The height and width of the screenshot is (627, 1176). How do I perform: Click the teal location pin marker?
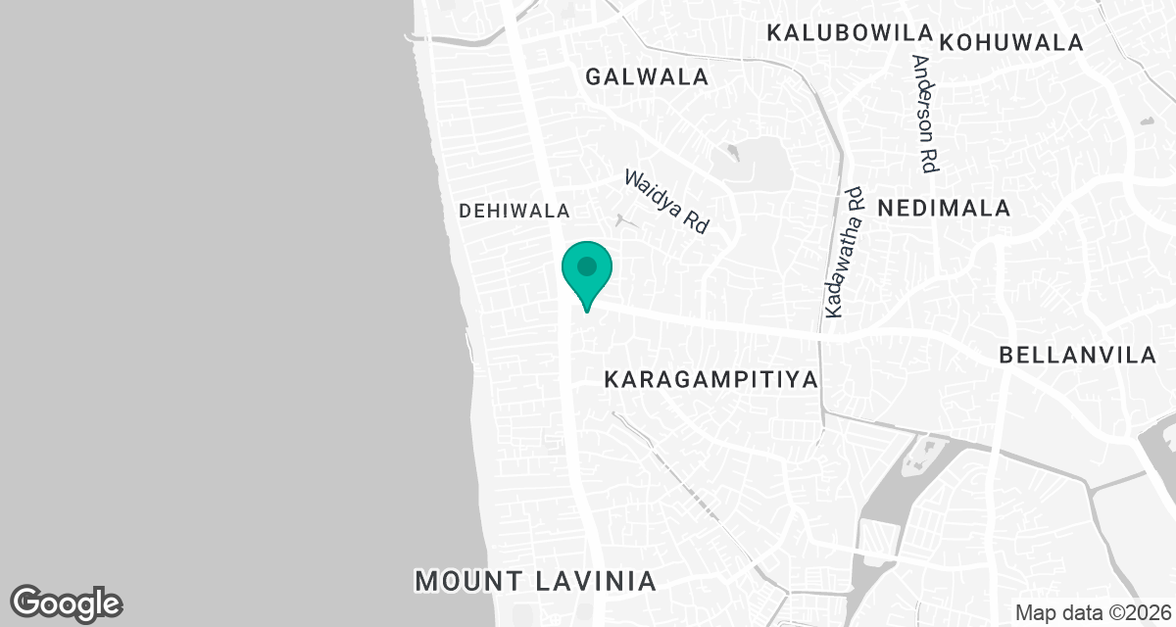pos(586,272)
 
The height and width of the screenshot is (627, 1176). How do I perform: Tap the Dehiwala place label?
pos(514,211)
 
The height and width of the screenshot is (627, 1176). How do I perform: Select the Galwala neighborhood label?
pos(646,76)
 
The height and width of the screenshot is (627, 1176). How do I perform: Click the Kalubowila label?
pos(847,32)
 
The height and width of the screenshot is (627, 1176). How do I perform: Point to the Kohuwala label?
pos(1011,43)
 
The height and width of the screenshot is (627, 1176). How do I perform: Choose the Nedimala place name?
pos(944,208)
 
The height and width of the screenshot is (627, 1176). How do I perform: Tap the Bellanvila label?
pos(1078,356)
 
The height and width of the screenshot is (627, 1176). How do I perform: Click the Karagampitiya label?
pos(710,379)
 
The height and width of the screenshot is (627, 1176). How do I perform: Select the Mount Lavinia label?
pos(535,580)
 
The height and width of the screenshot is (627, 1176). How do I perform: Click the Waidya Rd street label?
pos(666,201)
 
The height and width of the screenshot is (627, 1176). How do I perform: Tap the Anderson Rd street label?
pos(925,114)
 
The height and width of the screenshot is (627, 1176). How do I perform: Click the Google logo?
pos(67,603)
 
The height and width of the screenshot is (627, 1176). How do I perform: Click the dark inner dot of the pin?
pos(586,265)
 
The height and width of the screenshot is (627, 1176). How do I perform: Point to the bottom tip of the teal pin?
pos(586,311)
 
